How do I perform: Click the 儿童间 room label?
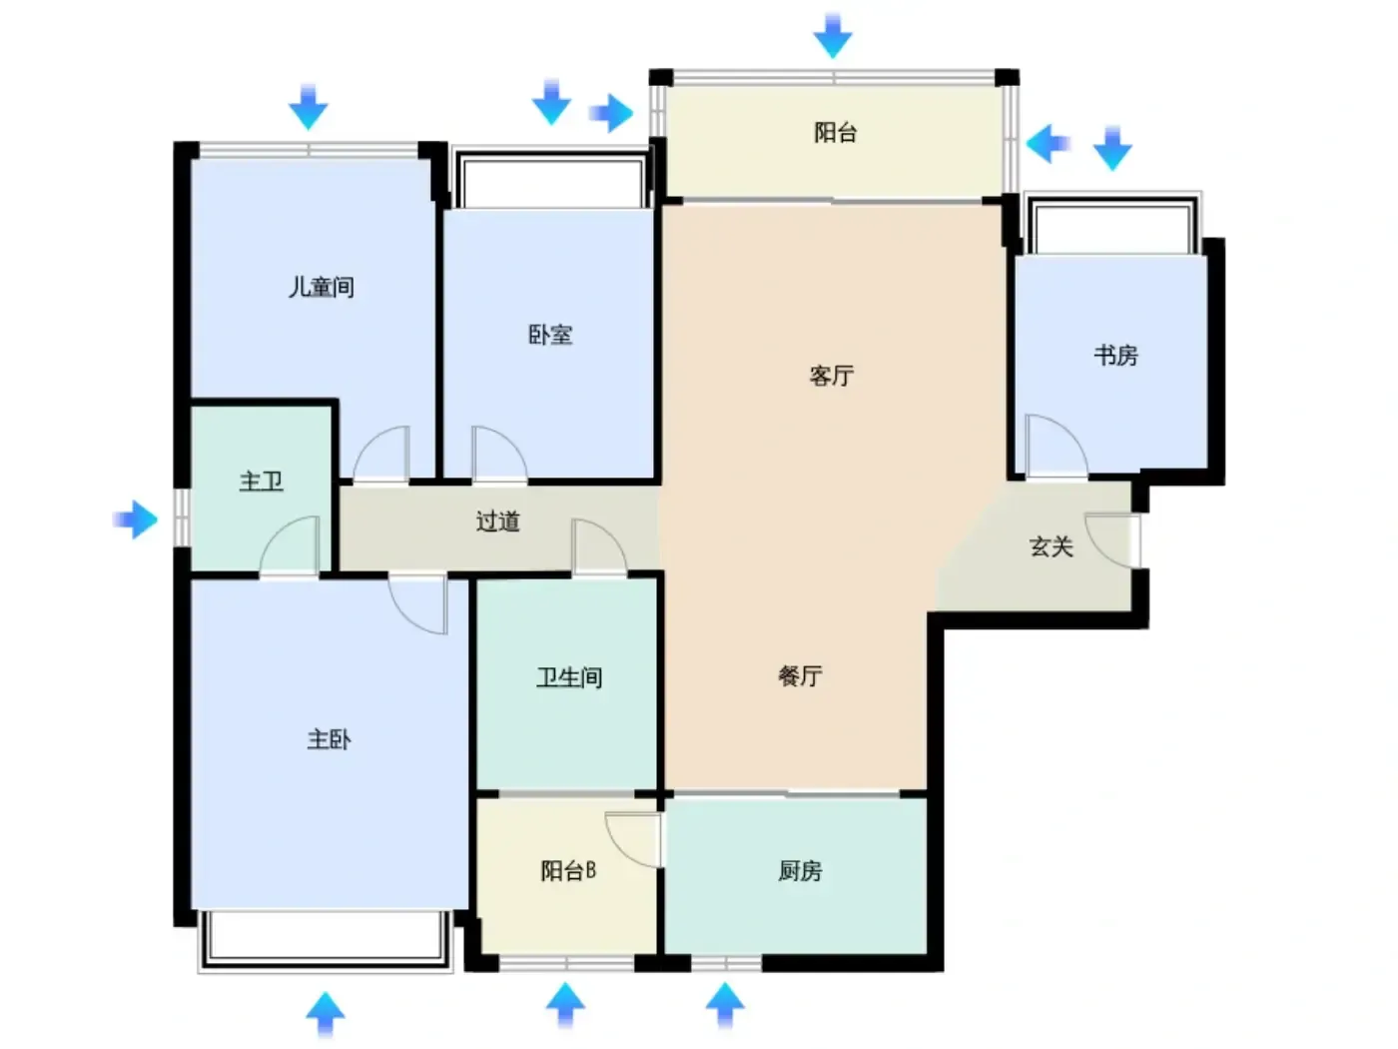pyautogui.click(x=321, y=288)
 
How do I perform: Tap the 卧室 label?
pyautogui.click(x=549, y=335)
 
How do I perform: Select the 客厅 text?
pyautogui.click(x=831, y=376)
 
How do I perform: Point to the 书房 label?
pyautogui.click(x=1115, y=356)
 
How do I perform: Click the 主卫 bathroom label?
pyautogui.click(x=261, y=482)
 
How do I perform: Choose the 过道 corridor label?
pyautogui.click(x=497, y=522)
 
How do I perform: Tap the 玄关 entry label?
pyautogui.click(x=1050, y=547)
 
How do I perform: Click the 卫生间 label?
pyautogui.click(x=569, y=677)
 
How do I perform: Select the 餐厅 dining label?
pyautogui.click(x=799, y=675)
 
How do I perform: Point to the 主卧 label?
pyautogui.click(x=329, y=739)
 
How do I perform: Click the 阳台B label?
pyautogui.click(x=568, y=870)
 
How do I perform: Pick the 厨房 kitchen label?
pyautogui.click(x=799, y=870)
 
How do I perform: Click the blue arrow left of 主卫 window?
pyautogui.click(x=135, y=520)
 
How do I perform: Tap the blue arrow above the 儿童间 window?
pyautogui.click(x=308, y=106)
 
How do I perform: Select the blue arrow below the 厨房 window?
pyautogui.click(x=724, y=1006)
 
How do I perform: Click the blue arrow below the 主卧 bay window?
pyautogui.click(x=325, y=1014)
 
